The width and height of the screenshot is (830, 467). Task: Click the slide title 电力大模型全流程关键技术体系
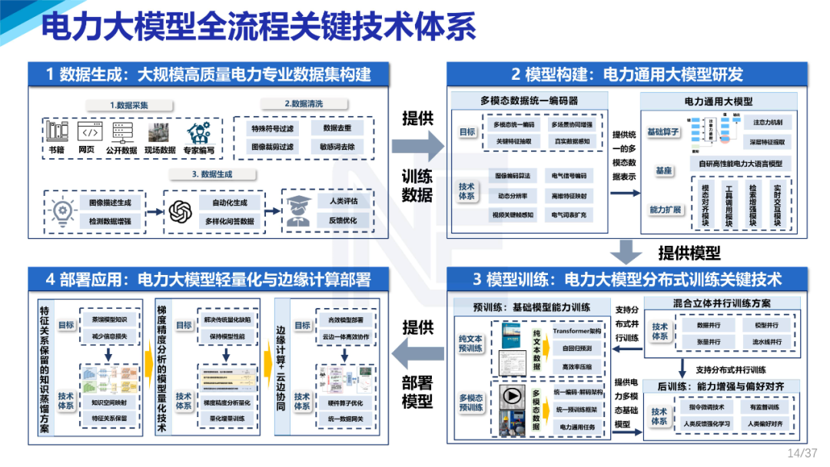tap(258, 28)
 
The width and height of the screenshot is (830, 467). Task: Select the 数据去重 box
tap(337, 128)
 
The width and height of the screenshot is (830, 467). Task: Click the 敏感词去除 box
tap(337, 146)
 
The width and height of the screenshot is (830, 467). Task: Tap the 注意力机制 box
tap(768, 122)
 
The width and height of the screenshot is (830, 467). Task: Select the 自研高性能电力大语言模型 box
tap(740, 163)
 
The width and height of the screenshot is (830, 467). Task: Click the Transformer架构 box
tap(576, 332)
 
